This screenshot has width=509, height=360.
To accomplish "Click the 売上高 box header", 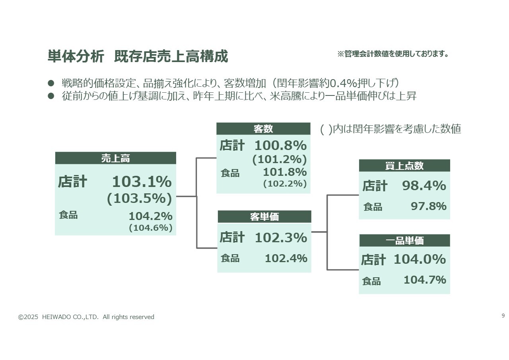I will pos(115,158).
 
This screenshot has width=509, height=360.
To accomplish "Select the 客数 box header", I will pos(263,129).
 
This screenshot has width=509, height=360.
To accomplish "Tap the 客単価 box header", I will pos(264,217).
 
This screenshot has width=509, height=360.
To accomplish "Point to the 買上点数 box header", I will pos(404,166).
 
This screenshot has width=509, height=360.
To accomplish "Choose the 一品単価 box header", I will pos(404,241).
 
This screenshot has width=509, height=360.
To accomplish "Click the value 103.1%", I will pos(142,182).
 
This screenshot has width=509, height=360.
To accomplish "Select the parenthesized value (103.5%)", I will pos(139,199).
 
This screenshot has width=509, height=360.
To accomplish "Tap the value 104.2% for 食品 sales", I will pos(150,216).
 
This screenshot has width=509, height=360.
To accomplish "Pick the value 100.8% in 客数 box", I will pos(280,145).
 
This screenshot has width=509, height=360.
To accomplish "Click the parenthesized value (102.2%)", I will pos(285,184).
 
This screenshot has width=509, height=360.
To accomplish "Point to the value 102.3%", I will pos(281,238).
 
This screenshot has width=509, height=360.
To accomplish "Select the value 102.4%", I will pos(286,259).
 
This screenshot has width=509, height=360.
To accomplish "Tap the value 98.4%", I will pos(424,186).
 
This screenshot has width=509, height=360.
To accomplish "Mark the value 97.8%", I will pos(428,206).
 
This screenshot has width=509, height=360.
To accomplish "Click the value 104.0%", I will pos(420,259).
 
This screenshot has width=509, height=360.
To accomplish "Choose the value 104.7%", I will pos(425,280).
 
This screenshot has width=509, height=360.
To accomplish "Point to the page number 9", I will pos(503,316).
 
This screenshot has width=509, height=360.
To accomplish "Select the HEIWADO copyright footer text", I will pos(86,317).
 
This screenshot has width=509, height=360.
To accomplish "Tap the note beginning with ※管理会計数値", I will pos(393,54).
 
